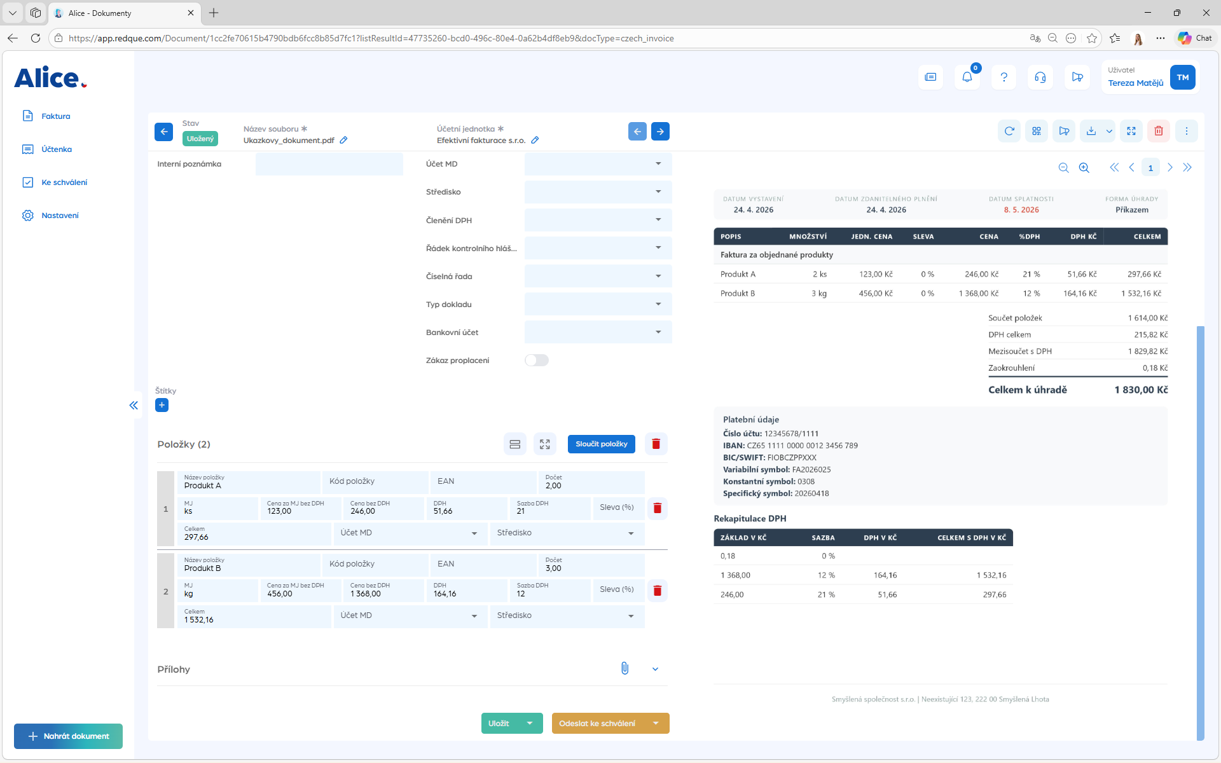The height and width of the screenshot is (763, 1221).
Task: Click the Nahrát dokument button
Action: pyautogui.click(x=68, y=736)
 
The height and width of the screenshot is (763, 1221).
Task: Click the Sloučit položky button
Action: pyautogui.click(x=602, y=444)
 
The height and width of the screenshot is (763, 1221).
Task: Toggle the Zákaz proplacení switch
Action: pyautogui.click(x=537, y=361)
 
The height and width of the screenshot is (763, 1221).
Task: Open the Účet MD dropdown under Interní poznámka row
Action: pyautogui.click(x=598, y=164)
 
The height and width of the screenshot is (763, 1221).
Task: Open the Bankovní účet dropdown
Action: pyautogui.click(x=598, y=332)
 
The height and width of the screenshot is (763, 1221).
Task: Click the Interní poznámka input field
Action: pyautogui.click(x=329, y=164)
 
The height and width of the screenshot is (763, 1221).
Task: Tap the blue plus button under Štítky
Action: pyautogui.click(x=162, y=405)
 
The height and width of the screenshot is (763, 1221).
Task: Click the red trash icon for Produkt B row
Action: pyautogui.click(x=658, y=591)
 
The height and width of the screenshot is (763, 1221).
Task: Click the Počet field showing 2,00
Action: pyautogui.click(x=591, y=482)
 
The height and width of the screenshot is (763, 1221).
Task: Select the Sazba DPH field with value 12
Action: pyautogui.click(x=550, y=590)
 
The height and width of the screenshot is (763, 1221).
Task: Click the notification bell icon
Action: pyautogui.click(x=967, y=77)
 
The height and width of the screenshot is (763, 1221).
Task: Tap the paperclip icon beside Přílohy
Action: pyautogui.click(x=625, y=668)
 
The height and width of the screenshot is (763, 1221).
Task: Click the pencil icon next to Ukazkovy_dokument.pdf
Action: pyautogui.click(x=343, y=140)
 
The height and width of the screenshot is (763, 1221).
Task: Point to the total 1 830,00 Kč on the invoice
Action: pyautogui.click(x=1141, y=390)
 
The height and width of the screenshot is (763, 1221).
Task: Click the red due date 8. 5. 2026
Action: pyautogui.click(x=1021, y=210)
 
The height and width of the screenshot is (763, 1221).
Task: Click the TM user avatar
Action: pyautogui.click(x=1183, y=78)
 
